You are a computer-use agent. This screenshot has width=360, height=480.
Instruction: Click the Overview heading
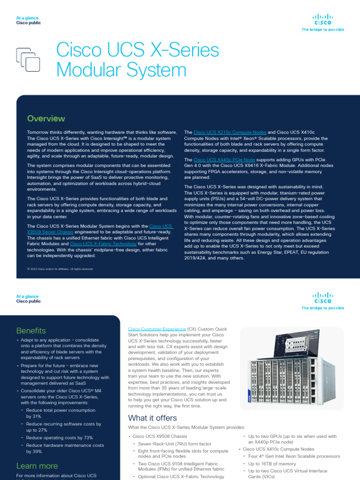coord(46,119)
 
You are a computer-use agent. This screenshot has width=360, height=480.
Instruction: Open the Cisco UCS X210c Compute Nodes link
coord(230,133)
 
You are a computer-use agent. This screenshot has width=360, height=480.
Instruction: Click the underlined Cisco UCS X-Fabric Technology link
coord(103,244)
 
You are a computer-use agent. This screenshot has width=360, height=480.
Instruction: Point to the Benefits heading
coord(31,330)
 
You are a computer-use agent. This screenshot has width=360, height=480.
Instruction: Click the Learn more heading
coord(37,465)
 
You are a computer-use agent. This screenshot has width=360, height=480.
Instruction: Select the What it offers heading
coord(152,418)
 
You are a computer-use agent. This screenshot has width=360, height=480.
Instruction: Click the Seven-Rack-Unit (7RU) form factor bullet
coord(175,443)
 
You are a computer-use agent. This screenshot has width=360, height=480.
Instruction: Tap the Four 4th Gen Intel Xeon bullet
coord(294,456)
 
